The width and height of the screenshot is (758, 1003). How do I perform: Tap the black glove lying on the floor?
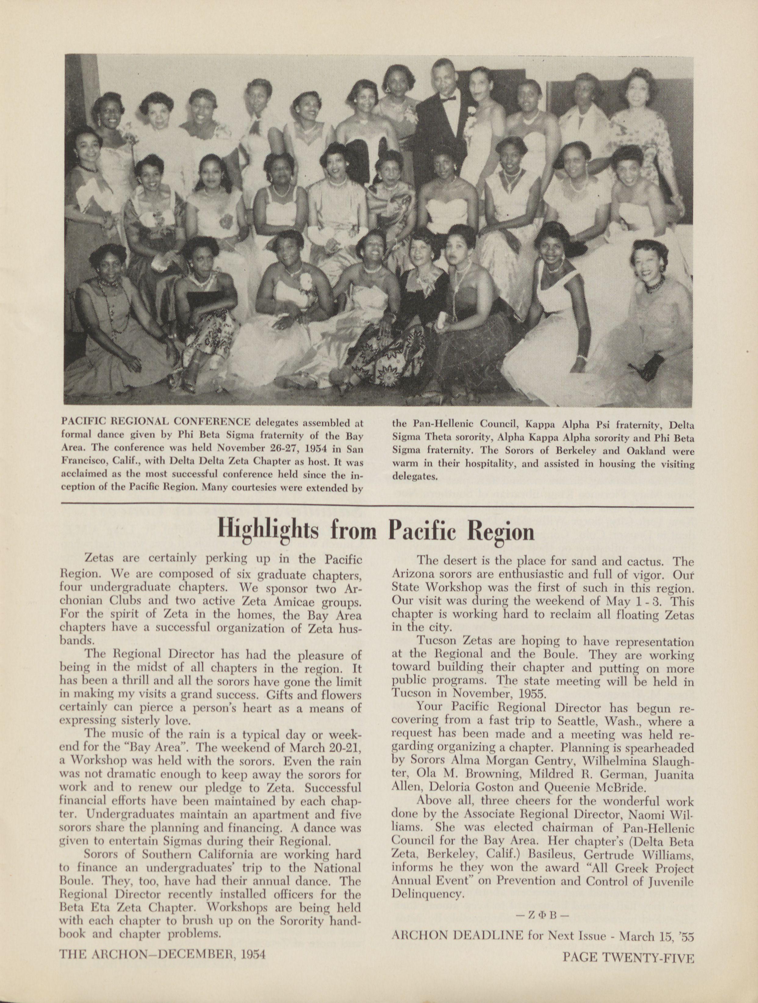click(646, 363)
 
